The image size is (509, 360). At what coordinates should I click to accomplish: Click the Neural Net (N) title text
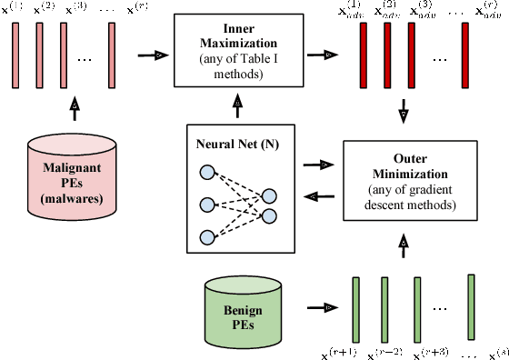click(x=235, y=144)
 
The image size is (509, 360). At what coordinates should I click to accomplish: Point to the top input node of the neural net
click(x=207, y=173)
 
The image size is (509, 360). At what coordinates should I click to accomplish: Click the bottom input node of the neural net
click(x=207, y=237)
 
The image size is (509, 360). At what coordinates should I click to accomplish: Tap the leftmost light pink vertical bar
click(x=16, y=55)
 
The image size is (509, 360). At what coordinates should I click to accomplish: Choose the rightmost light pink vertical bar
click(x=112, y=55)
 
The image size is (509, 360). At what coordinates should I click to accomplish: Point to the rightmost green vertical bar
click(x=471, y=305)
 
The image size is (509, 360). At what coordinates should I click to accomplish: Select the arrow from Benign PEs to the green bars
click(x=319, y=309)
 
